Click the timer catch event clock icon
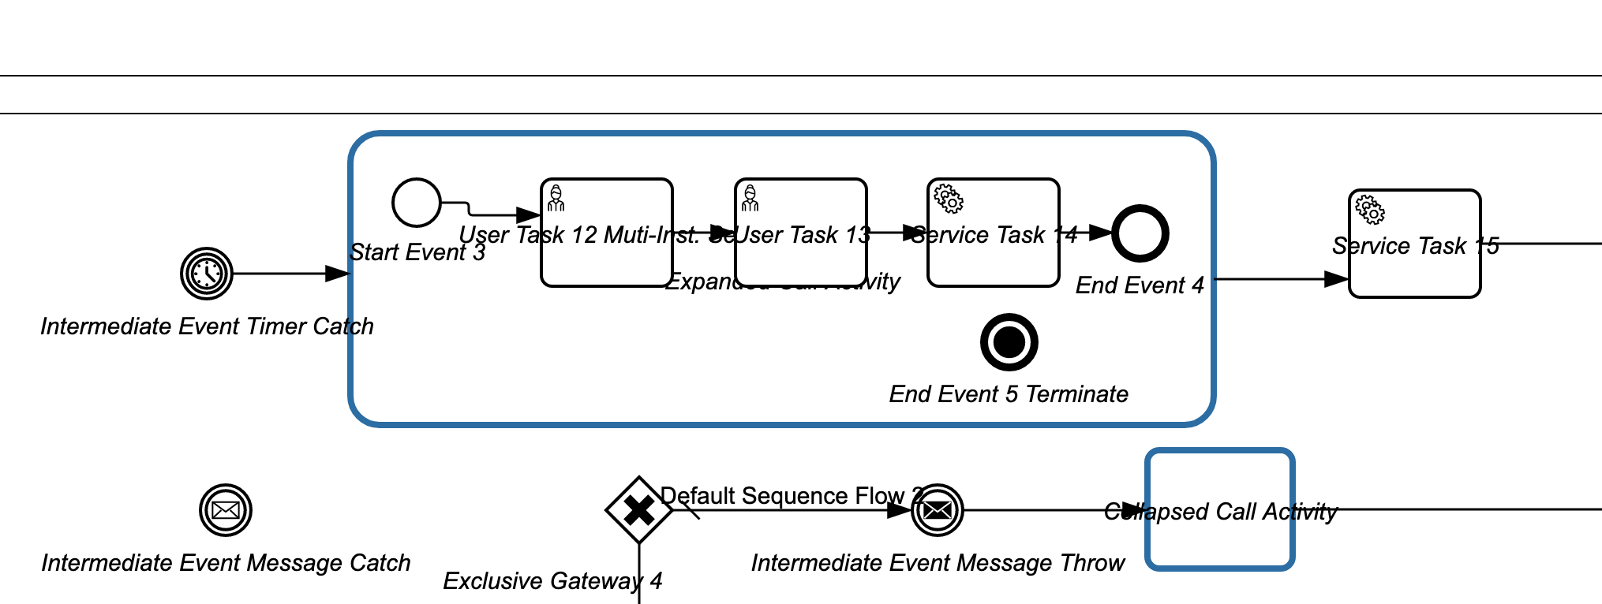tap(207, 274)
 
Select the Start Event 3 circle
tap(417, 203)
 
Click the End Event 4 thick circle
tap(1140, 233)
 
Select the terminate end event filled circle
tap(1009, 342)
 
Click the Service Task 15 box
tap(1414, 272)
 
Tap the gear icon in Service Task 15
tap(1370, 211)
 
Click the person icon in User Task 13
tap(750, 199)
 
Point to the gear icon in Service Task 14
tap(949, 199)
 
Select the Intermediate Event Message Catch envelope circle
tap(226, 510)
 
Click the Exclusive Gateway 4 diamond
tap(638, 510)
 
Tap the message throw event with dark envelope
tap(938, 510)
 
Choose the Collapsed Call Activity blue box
tap(1220, 544)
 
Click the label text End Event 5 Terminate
tap(1009, 394)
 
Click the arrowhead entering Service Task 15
tap(1337, 279)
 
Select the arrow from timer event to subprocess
tap(284, 274)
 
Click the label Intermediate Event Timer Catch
tap(207, 326)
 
